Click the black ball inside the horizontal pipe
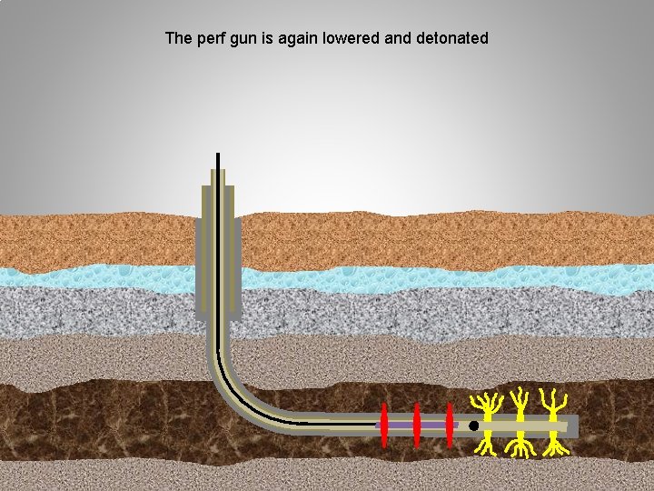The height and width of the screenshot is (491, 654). (473, 426)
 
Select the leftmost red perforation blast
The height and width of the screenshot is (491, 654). (384, 425)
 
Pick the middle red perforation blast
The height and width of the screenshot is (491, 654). (417, 425)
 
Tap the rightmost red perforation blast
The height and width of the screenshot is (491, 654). (450, 425)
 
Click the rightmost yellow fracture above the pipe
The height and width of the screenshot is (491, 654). (550, 404)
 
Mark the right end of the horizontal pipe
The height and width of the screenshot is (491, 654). (574, 426)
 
